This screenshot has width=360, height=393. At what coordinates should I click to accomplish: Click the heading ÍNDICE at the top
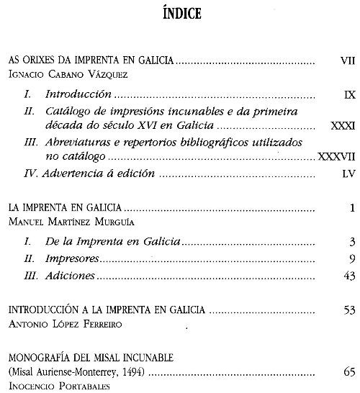(x=180, y=13)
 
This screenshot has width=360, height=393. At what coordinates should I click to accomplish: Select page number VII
(x=346, y=61)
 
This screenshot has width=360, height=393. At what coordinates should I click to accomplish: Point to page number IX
(x=348, y=94)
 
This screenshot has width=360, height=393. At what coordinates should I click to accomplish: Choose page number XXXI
(x=342, y=125)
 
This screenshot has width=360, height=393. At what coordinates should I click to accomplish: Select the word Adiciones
(x=70, y=276)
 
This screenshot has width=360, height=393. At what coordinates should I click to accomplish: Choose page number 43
(x=349, y=276)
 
